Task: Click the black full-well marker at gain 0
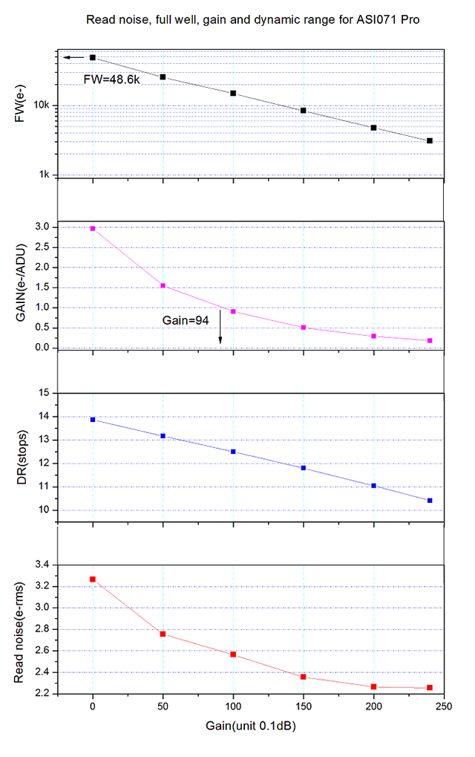pos(93,57)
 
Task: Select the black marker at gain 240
pos(430,140)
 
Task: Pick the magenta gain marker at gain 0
pos(93,228)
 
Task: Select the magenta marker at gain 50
pos(163,285)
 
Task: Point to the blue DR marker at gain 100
pos(233,452)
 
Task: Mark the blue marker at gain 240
pos(430,501)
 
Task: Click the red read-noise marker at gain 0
pos(93,579)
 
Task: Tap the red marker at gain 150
pos(304,677)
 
